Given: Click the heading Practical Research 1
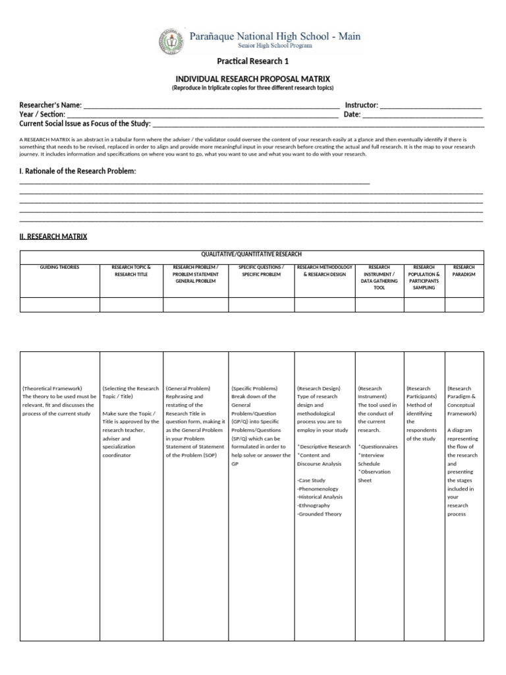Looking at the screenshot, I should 252,62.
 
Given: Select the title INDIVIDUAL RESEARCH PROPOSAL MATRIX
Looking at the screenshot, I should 252,78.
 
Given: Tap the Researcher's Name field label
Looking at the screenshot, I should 51,105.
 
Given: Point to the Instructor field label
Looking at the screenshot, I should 360,105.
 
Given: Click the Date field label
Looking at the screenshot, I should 352,114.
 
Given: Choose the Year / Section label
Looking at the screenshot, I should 42,114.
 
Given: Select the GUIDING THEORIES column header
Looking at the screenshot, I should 59,268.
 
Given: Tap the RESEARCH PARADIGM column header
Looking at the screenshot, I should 464,271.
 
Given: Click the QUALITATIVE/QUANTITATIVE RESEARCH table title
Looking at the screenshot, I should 252,254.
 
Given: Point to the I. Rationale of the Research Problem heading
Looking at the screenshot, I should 78,171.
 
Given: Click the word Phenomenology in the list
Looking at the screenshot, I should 318,488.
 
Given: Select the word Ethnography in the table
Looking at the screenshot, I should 314,505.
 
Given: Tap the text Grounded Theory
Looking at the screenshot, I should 320,514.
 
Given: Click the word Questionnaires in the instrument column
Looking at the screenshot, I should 379,446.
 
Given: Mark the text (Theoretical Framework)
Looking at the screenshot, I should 52,388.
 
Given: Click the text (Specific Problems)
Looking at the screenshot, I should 254,388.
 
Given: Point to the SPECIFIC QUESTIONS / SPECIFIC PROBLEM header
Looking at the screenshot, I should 261,271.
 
